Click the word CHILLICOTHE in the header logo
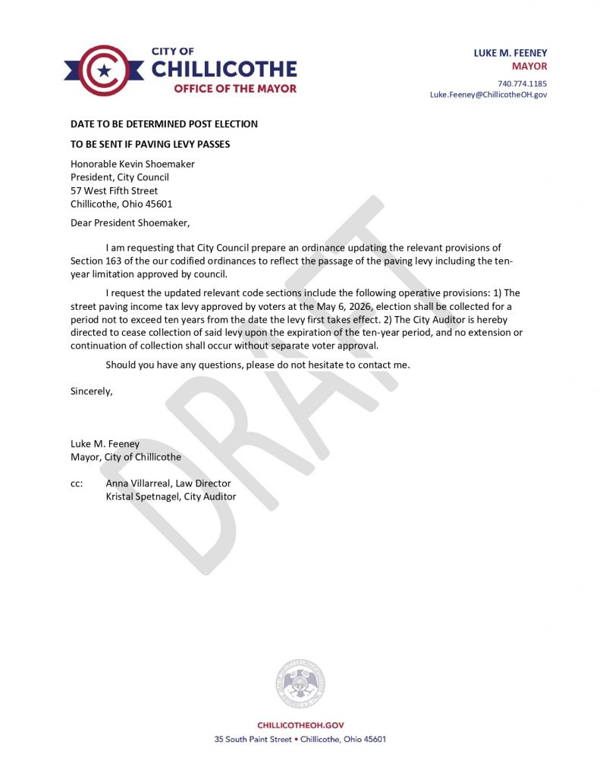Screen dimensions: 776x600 click(x=224, y=69)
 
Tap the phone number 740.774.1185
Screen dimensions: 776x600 click(x=522, y=83)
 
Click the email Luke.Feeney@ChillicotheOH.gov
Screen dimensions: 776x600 click(x=488, y=95)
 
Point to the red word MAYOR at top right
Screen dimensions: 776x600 click(x=529, y=66)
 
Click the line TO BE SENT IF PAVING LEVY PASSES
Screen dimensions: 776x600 click(x=150, y=144)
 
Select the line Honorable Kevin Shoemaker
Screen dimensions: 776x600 click(x=133, y=164)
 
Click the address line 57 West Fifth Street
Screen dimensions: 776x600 click(x=115, y=191)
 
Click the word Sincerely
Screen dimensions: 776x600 click(x=92, y=392)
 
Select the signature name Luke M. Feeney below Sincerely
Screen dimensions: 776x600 click(x=105, y=444)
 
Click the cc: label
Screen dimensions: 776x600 click(x=77, y=483)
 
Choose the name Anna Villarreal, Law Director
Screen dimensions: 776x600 click(x=168, y=483)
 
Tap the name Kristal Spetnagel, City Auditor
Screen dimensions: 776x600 click(x=171, y=496)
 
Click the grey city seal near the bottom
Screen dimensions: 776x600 click(x=300, y=684)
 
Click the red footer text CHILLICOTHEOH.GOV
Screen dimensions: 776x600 click(x=300, y=725)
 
